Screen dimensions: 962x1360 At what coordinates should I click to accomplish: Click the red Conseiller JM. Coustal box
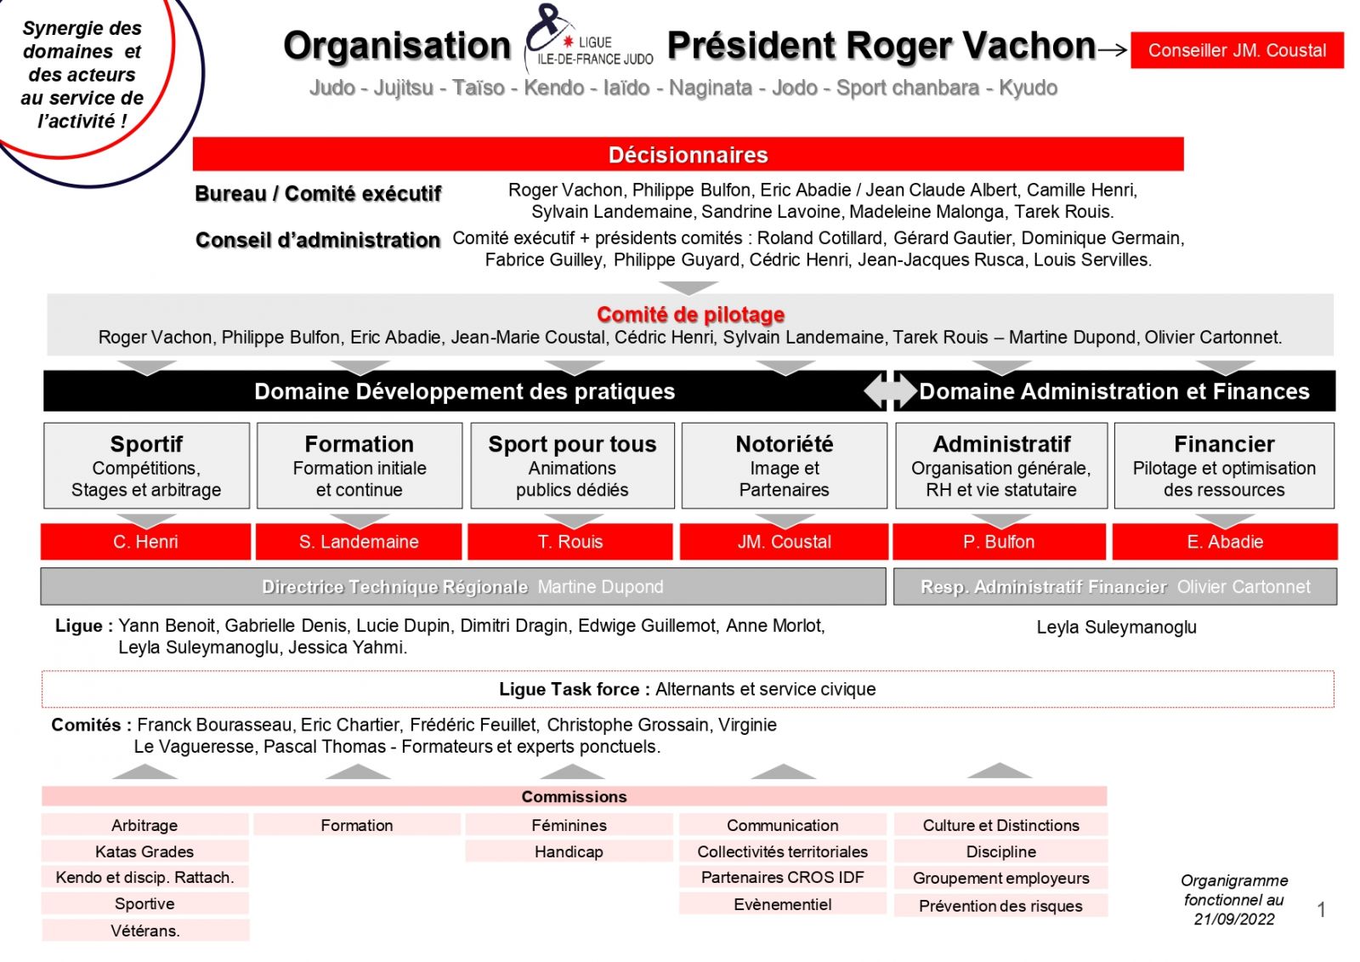click(x=1236, y=50)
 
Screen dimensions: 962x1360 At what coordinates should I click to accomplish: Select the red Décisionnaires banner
click(x=688, y=155)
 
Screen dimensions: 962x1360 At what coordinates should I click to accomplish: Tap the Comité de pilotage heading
click(x=690, y=315)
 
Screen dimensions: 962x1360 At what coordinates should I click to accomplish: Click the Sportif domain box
click(x=146, y=465)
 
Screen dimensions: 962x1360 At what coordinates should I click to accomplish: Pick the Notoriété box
click(x=784, y=465)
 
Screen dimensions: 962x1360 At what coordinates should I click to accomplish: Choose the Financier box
click(x=1223, y=465)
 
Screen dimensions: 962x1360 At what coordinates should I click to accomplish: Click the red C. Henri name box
click(x=145, y=542)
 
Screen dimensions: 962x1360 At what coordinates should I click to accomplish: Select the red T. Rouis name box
click(x=569, y=542)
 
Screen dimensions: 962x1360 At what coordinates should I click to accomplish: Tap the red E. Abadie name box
click(x=1224, y=542)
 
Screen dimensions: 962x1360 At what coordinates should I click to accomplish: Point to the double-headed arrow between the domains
click(x=890, y=391)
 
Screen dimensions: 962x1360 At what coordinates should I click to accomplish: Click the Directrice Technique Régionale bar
click(x=462, y=587)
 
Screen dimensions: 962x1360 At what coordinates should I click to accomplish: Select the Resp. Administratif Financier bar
click(x=1114, y=587)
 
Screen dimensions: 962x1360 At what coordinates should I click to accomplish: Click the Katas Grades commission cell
click(x=144, y=851)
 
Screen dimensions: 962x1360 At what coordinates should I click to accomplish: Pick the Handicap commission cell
click(x=569, y=851)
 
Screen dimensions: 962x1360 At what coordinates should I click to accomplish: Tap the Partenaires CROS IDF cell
click(x=782, y=877)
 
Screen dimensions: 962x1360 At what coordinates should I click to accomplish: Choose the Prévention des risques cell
click(x=1000, y=906)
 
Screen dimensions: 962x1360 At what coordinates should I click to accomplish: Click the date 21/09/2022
click(x=1233, y=919)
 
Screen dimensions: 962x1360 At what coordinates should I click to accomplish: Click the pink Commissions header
click(x=574, y=796)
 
